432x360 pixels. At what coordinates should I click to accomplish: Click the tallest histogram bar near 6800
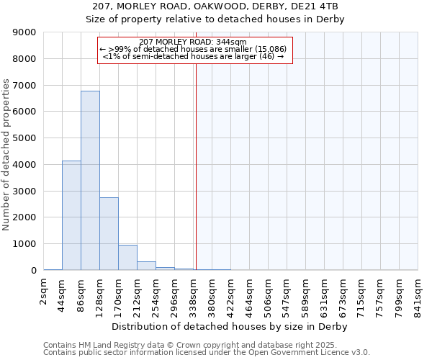click(x=90, y=180)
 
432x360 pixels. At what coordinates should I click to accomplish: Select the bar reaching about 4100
click(x=71, y=215)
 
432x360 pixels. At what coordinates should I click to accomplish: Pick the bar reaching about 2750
click(x=109, y=233)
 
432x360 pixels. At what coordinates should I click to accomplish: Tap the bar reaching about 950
click(x=127, y=257)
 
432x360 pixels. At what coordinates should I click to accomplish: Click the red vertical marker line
click(x=196, y=158)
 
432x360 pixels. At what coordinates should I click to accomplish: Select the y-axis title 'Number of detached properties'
click(x=6, y=155)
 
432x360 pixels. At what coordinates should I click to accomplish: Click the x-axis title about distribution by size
click(x=230, y=326)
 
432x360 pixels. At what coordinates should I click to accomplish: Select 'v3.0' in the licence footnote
click(x=360, y=353)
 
